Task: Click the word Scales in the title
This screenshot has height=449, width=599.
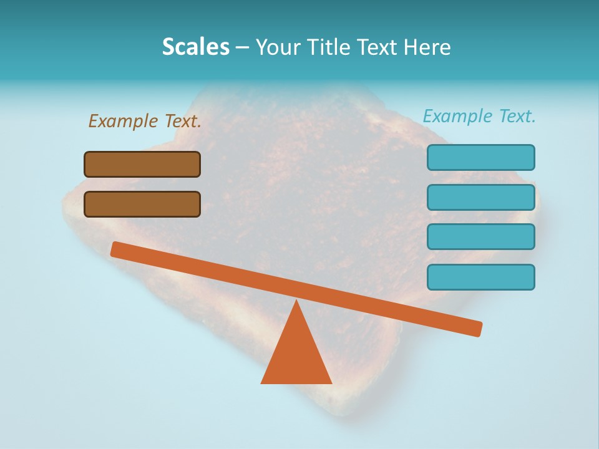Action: click(196, 47)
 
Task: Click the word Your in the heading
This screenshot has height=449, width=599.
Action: click(278, 47)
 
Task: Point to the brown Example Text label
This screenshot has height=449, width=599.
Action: click(145, 121)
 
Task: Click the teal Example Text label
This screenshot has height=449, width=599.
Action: click(479, 116)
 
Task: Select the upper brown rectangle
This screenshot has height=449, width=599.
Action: click(142, 164)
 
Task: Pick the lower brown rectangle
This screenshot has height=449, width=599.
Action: click(142, 204)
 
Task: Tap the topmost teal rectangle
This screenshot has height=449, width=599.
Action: click(480, 157)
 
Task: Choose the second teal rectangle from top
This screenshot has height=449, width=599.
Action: click(480, 197)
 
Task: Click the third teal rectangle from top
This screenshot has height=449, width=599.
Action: click(480, 237)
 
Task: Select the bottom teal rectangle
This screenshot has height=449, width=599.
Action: click(480, 277)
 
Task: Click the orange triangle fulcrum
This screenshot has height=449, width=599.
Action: click(296, 355)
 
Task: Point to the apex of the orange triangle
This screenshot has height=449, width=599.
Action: click(297, 303)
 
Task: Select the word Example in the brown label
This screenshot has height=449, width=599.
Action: click(124, 121)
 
